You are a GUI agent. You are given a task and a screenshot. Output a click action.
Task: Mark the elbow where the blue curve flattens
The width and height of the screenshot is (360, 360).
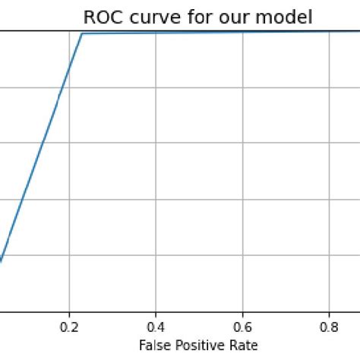(x=82, y=33)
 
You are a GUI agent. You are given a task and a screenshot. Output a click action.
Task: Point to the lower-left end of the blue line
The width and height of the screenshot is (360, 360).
(x=1, y=261)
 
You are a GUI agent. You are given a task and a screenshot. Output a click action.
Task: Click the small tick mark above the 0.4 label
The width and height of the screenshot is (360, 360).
(x=156, y=314)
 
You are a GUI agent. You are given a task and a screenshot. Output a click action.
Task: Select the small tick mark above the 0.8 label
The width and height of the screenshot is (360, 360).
(x=329, y=314)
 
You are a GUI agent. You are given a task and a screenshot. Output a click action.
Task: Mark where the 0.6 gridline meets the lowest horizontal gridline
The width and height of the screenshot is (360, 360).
(x=242, y=256)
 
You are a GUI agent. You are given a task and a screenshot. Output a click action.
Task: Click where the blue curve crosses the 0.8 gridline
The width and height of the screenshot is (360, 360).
(x=329, y=32)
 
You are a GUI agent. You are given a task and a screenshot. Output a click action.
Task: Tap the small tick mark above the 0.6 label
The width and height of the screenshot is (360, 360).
(x=242, y=314)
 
